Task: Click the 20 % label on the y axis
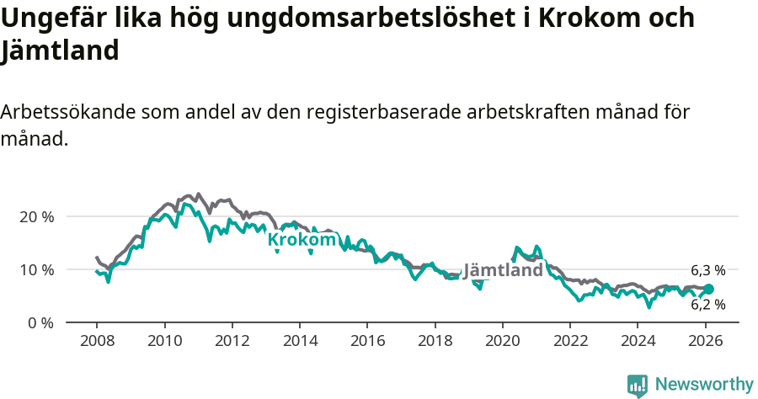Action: [36, 216]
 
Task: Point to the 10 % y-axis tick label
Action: [36, 269]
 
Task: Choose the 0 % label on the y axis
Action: [40, 322]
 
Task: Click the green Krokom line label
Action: [302, 240]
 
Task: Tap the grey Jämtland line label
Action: [503, 271]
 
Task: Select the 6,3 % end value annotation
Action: [707, 271]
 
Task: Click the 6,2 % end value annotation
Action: [707, 305]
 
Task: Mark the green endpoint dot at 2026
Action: [708, 289]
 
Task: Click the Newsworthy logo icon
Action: [638, 385]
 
